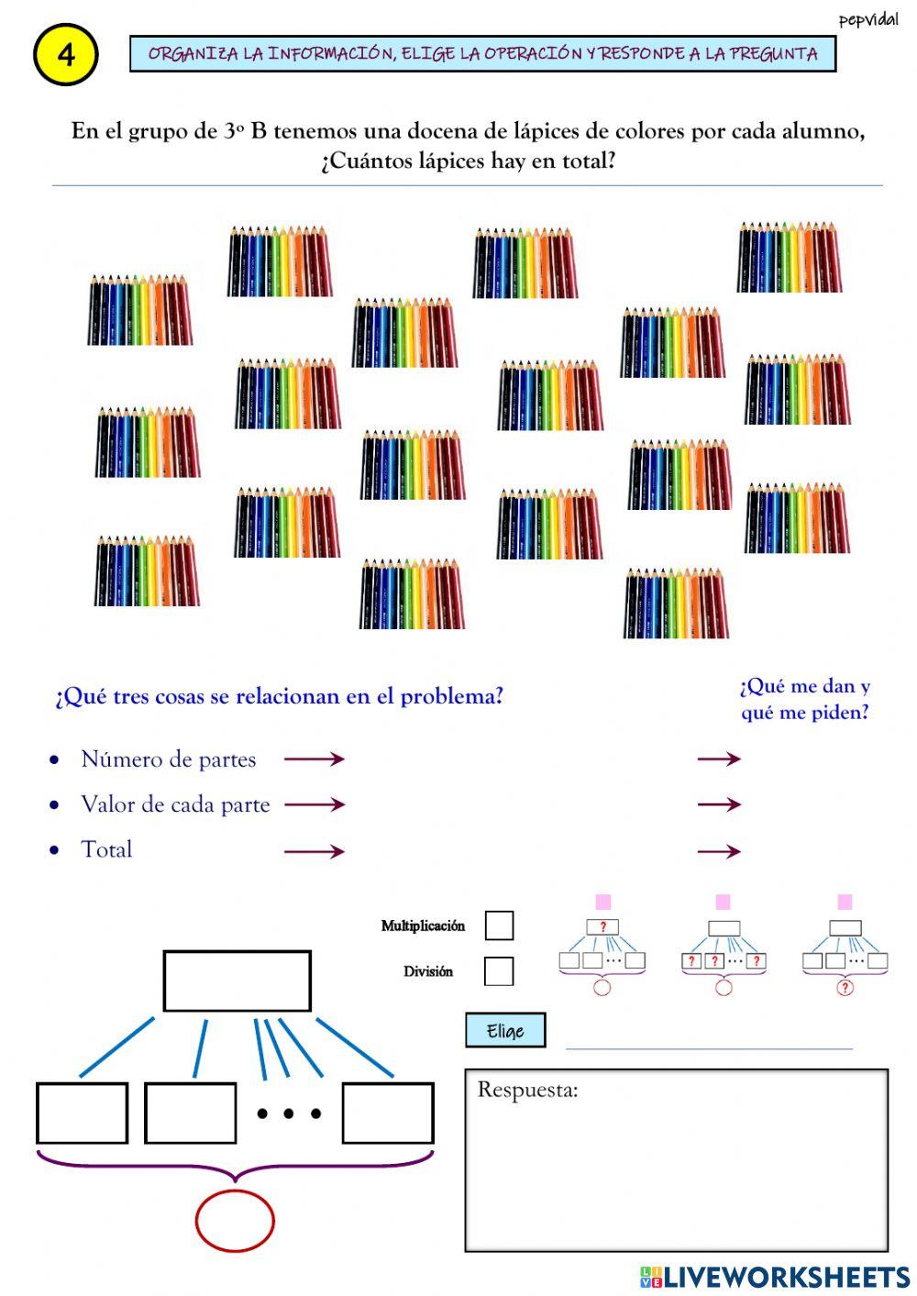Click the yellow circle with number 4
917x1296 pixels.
65,55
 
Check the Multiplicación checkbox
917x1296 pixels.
499,925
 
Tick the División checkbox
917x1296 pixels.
499,971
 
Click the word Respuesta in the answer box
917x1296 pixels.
527,1091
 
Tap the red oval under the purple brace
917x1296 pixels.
235,1221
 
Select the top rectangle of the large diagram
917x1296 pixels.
237,980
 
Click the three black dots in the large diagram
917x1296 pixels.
289,1114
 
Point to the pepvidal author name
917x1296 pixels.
867,20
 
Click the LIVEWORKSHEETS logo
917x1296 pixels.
775,1277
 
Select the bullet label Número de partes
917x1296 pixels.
168,759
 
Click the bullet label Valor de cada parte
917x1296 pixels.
175,804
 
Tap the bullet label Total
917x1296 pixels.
106,849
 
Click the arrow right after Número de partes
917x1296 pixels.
314,759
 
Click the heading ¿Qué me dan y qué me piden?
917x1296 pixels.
804,699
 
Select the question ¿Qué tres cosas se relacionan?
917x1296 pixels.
279,696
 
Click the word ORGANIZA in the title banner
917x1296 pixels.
192,54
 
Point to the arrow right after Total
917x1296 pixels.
314,851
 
